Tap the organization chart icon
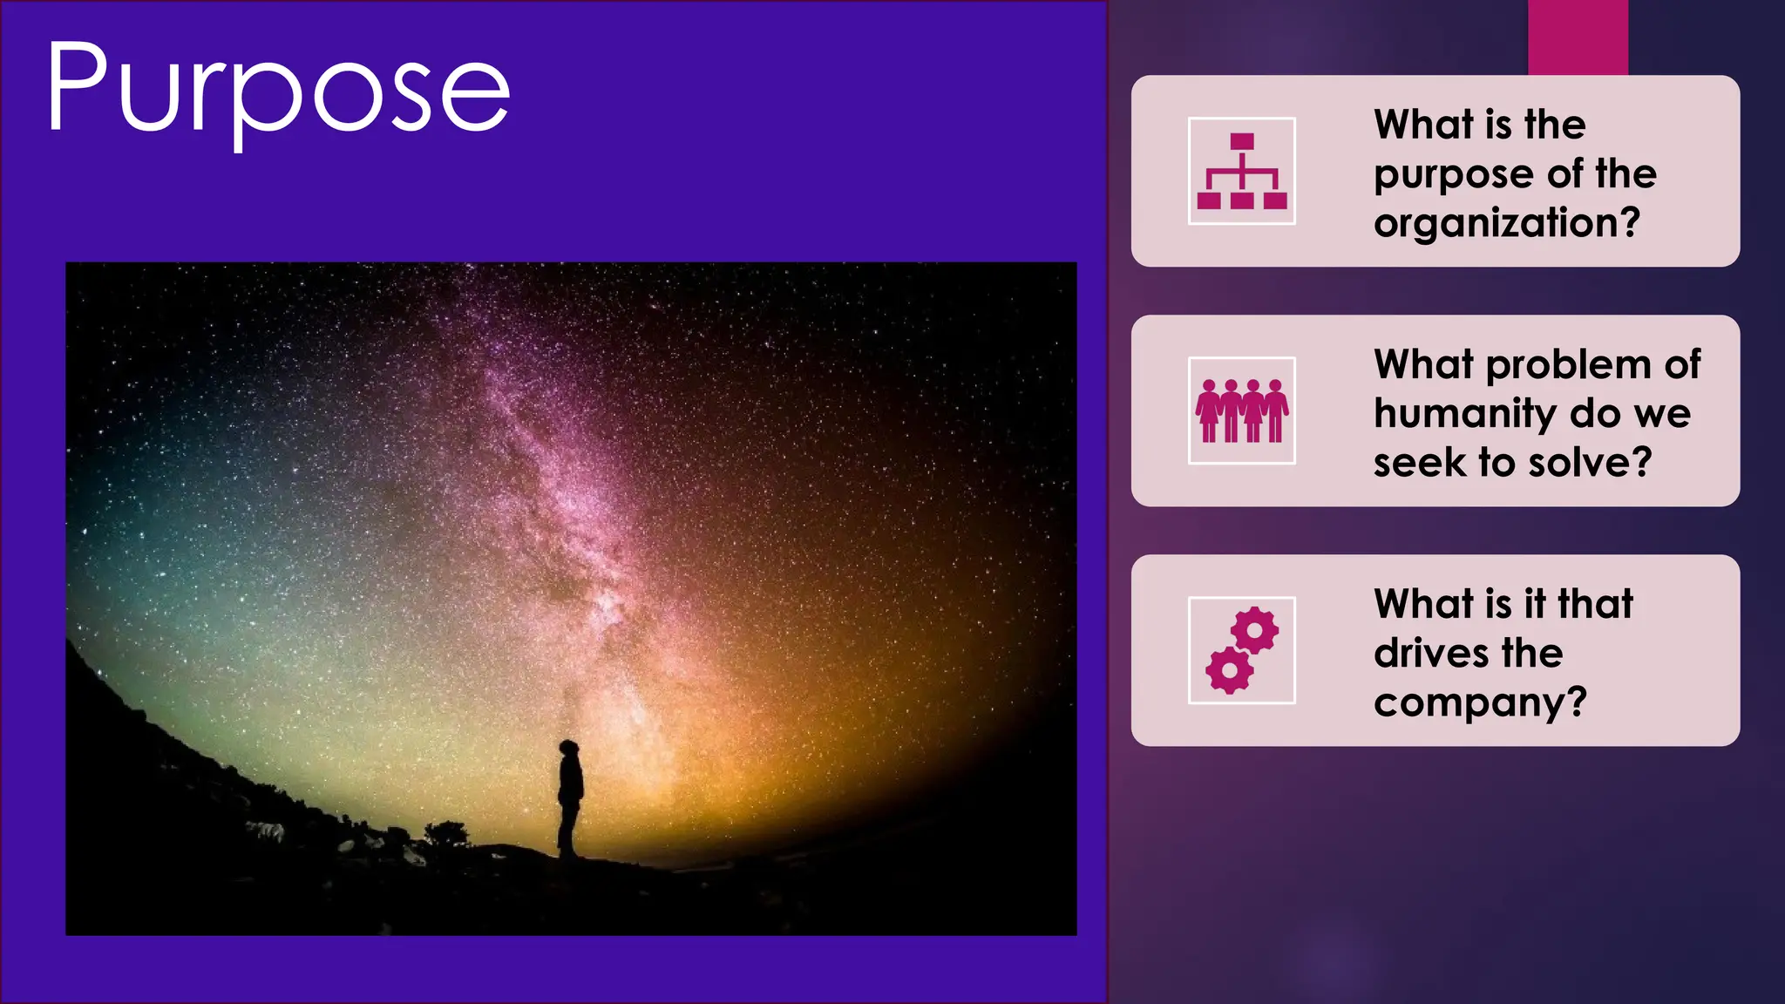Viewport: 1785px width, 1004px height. coord(1241,171)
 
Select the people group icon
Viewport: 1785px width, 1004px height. coord(1241,410)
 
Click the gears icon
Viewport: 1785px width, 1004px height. coord(1241,650)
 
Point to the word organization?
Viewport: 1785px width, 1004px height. coord(1506,223)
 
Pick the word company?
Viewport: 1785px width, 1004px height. coord(1480,702)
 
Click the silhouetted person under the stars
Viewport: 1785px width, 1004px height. coord(570,797)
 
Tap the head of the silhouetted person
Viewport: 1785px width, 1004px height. coord(569,749)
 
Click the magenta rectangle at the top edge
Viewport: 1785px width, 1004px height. coord(1578,37)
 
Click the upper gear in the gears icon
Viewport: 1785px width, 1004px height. coord(1256,630)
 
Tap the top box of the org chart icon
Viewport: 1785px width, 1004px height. coord(1242,141)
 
